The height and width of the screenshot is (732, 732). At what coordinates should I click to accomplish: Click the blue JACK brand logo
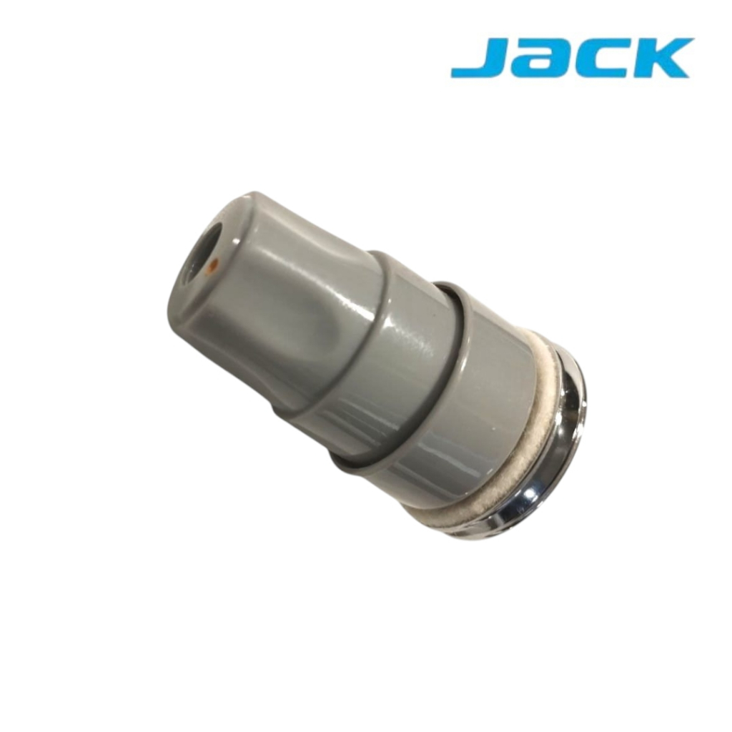(x=572, y=59)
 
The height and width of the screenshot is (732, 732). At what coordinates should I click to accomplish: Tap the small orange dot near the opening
(x=212, y=266)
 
